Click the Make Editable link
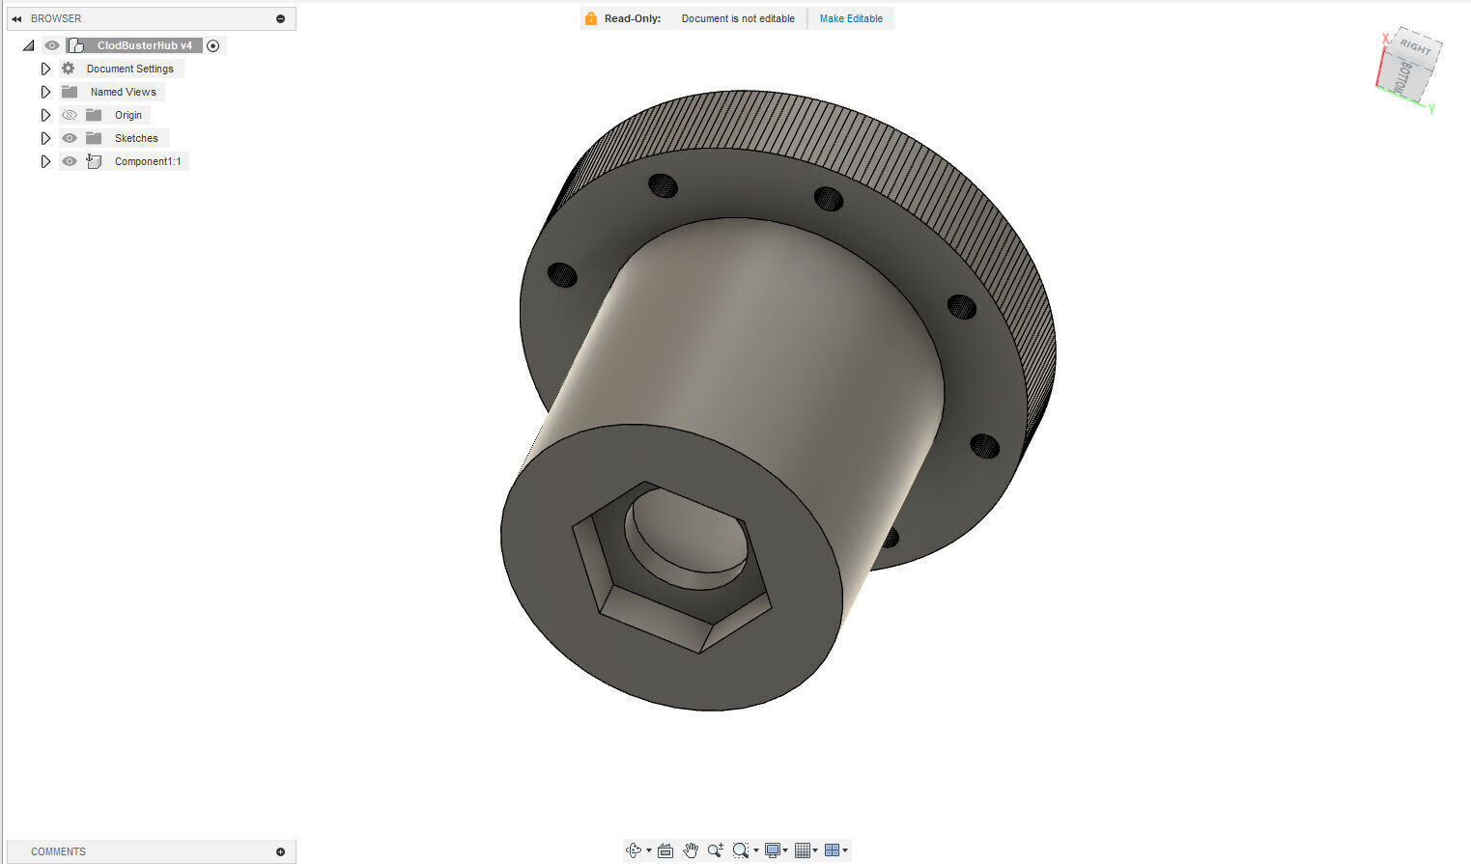[x=850, y=18]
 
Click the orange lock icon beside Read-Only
[x=591, y=18]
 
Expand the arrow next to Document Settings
[x=45, y=69]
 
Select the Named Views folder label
[x=123, y=92]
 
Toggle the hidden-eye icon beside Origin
[x=70, y=115]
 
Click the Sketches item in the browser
[x=135, y=138]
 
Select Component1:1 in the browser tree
[x=147, y=161]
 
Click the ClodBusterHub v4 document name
[x=144, y=45]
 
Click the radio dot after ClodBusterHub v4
[x=213, y=45]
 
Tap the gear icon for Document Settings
[x=69, y=69]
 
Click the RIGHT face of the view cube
[x=1415, y=47]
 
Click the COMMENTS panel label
[x=58, y=851]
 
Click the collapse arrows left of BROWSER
[x=16, y=18]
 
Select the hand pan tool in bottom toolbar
[x=690, y=850]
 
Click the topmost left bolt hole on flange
[x=663, y=185]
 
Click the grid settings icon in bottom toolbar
[x=803, y=850]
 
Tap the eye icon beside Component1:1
[x=70, y=161]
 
